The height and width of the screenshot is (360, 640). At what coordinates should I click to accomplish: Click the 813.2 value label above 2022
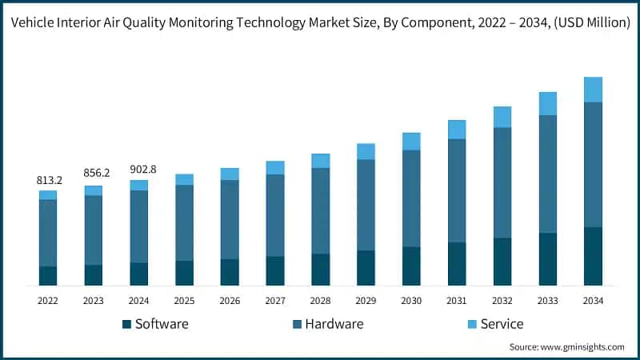(x=48, y=181)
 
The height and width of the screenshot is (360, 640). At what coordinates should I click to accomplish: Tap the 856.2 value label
(x=94, y=173)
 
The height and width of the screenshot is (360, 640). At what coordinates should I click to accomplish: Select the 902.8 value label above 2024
(x=139, y=169)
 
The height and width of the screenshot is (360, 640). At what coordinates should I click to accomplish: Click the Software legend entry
(x=155, y=324)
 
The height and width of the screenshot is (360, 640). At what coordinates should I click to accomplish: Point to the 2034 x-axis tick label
(x=593, y=301)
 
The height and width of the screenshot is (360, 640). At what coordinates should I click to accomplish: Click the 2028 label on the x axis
(x=321, y=301)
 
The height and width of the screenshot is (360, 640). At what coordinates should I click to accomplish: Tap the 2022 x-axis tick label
(x=48, y=301)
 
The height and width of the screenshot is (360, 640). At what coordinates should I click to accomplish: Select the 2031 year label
(x=457, y=301)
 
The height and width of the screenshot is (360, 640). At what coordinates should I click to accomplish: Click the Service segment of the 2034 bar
(x=593, y=90)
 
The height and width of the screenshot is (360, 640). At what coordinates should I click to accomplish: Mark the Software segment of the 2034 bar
(x=593, y=256)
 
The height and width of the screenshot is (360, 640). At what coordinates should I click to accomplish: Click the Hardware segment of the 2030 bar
(x=411, y=198)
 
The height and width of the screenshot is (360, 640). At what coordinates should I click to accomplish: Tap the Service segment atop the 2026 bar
(x=230, y=174)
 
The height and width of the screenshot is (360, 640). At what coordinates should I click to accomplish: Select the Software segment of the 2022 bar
(x=48, y=275)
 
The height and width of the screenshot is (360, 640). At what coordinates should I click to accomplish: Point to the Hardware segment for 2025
(x=184, y=222)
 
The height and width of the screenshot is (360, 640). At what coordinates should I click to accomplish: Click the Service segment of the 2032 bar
(x=502, y=117)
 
